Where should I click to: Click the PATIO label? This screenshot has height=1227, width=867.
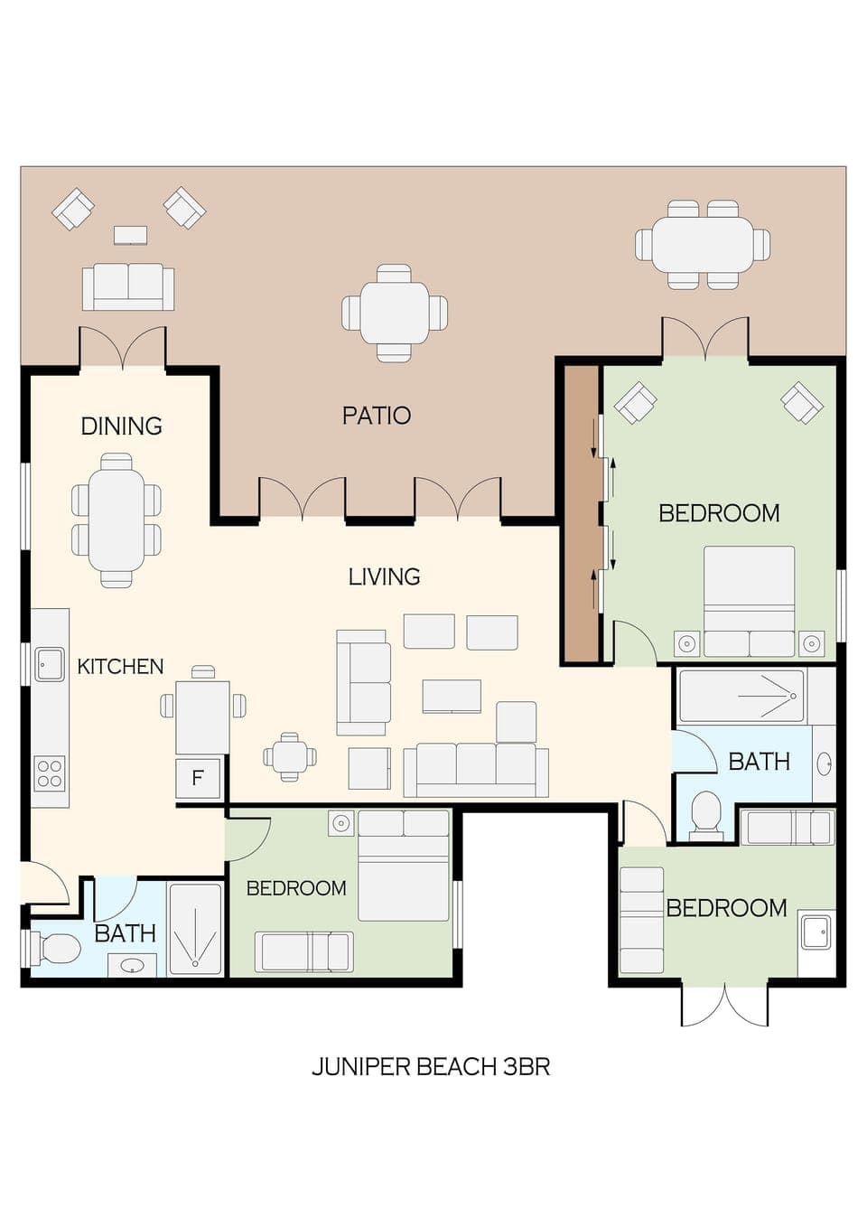(x=376, y=416)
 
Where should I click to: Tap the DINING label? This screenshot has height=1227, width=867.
(x=121, y=426)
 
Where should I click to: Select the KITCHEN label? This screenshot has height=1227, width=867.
(x=120, y=667)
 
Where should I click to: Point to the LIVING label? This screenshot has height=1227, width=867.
(x=384, y=576)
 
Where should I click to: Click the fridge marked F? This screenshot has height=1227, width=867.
(x=198, y=778)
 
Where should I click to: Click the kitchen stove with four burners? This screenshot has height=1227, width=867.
(x=50, y=773)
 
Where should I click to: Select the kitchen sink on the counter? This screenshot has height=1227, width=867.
(x=50, y=664)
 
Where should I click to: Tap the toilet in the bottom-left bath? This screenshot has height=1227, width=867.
(x=57, y=949)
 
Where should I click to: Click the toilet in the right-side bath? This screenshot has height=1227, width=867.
(x=705, y=812)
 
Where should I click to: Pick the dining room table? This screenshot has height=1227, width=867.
(x=117, y=520)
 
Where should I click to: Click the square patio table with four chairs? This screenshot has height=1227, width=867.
(x=395, y=313)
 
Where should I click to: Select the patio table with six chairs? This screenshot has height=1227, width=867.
(x=703, y=245)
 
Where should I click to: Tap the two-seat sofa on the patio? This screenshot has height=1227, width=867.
(x=128, y=286)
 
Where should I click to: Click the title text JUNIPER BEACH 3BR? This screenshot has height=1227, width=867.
(x=431, y=1066)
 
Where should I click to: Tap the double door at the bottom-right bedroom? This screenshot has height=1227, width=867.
(x=724, y=1004)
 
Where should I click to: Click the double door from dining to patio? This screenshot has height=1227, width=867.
(x=123, y=348)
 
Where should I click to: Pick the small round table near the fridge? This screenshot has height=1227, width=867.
(x=290, y=756)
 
